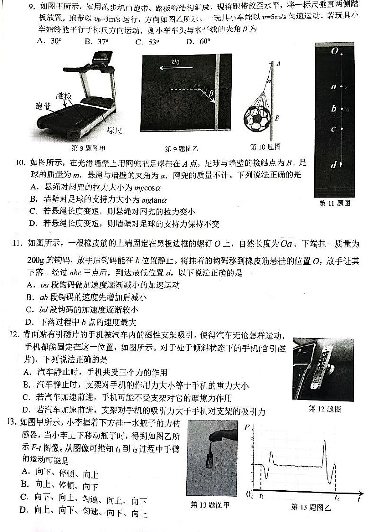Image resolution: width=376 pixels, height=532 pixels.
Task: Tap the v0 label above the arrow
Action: pyautogui.click(x=175, y=62)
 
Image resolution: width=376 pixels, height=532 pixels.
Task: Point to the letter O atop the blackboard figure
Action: pyautogui.click(x=335, y=51)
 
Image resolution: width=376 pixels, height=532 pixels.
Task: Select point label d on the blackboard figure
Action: pyautogui.click(x=334, y=165)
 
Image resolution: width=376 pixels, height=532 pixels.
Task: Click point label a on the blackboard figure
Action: pyautogui.click(x=334, y=87)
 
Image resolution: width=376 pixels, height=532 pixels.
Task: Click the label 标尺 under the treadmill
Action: pyautogui.click(x=115, y=131)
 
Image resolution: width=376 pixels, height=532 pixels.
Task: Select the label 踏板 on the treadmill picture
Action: pyautogui.click(x=63, y=96)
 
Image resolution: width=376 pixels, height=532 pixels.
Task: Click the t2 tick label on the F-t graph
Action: pyautogui.click(x=337, y=497)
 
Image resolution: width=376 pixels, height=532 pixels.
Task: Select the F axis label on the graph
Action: pyautogui.click(x=247, y=428)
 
